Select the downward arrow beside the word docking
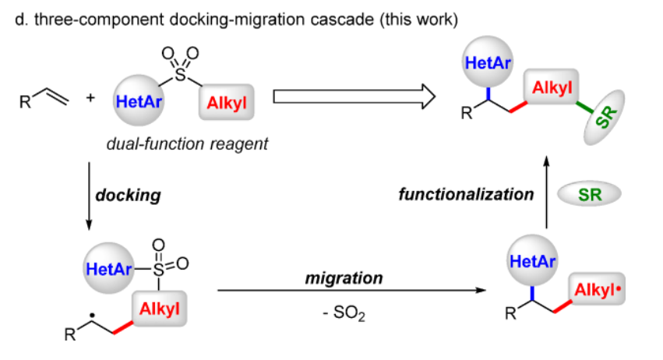coord(88,196)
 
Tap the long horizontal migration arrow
coord(346,291)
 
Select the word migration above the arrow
coord(344,277)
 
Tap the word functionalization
coord(466,194)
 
